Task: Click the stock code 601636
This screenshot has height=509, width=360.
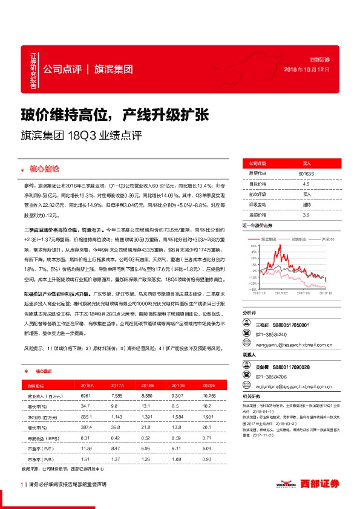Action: [x=306, y=173]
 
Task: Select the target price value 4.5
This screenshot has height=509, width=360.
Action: [x=306, y=184]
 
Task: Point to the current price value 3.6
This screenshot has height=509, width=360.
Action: [x=306, y=215]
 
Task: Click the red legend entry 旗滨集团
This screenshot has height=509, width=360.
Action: [x=266, y=240]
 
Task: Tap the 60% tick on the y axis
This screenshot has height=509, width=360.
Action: [x=248, y=247]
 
